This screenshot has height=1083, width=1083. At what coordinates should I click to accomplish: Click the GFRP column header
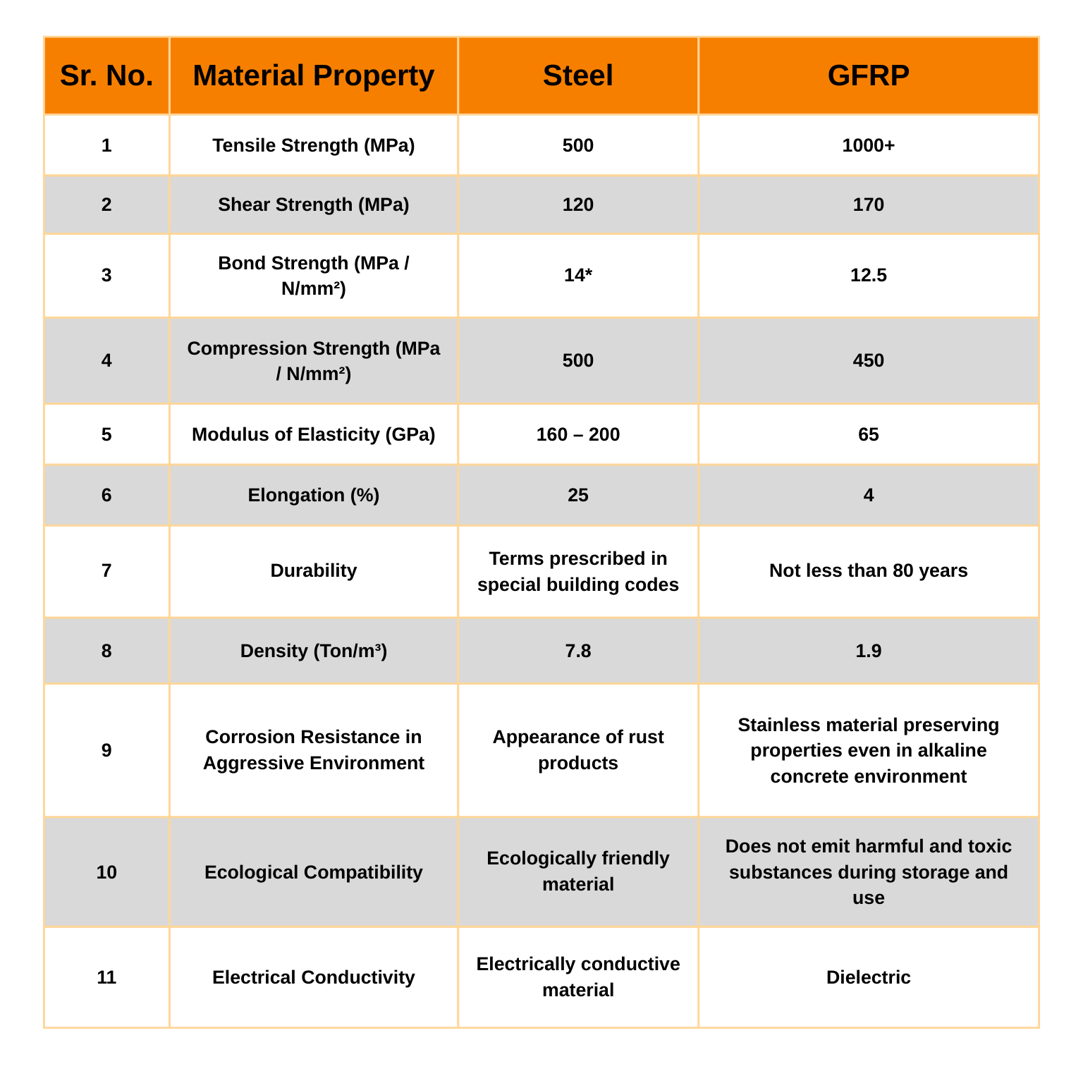click(868, 75)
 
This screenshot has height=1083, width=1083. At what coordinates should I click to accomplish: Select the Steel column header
click(577, 75)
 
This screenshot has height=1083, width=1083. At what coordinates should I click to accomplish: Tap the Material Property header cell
click(314, 75)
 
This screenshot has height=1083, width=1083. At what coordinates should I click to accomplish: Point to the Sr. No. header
click(106, 75)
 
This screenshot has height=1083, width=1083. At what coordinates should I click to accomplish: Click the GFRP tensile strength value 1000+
click(868, 145)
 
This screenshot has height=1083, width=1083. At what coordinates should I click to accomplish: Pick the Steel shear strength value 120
click(577, 204)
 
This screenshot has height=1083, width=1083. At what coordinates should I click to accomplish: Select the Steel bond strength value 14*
click(577, 275)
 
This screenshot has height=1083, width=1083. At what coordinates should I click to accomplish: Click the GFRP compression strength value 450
click(868, 360)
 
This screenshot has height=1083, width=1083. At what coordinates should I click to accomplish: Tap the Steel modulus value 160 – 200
click(577, 434)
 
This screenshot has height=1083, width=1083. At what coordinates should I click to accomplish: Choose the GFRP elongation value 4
click(868, 495)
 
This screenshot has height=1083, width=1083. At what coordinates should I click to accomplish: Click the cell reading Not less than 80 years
click(868, 570)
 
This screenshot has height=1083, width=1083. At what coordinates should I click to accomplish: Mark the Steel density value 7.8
click(577, 651)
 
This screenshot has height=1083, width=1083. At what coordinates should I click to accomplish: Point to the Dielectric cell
click(868, 977)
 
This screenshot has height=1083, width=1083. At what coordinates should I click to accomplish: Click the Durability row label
click(314, 570)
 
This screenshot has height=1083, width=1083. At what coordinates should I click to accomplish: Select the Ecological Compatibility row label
click(314, 872)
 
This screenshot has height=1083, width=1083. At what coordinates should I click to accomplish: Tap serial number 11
click(106, 977)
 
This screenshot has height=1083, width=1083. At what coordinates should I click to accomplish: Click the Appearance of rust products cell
click(577, 749)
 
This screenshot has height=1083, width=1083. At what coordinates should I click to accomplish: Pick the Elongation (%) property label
click(314, 495)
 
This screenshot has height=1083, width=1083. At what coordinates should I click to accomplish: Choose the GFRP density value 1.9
click(868, 651)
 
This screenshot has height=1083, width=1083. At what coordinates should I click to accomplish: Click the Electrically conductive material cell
click(577, 977)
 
